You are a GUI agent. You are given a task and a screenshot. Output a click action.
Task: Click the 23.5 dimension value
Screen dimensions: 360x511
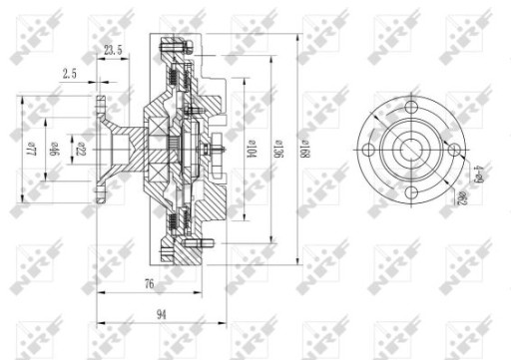pos(113,51)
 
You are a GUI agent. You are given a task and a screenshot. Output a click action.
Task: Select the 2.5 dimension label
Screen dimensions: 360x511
pos(71,73)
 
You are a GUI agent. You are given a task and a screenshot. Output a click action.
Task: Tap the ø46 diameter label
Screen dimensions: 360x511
pos(57,150)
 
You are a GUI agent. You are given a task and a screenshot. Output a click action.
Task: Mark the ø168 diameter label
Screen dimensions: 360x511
pos(302,149)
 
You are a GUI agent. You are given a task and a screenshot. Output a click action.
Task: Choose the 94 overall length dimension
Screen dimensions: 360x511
pos(162,314)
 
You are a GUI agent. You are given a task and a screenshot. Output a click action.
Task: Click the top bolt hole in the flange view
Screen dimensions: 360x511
pos(411,106)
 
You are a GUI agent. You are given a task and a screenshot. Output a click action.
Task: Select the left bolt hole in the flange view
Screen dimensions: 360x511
pos(368,150)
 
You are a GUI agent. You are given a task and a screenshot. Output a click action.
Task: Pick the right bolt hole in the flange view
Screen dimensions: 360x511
pos(454,150)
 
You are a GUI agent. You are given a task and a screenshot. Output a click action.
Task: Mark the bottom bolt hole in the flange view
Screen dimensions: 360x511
pos(411,192)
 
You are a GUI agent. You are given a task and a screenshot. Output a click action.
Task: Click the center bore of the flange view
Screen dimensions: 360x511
pos(411,150)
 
